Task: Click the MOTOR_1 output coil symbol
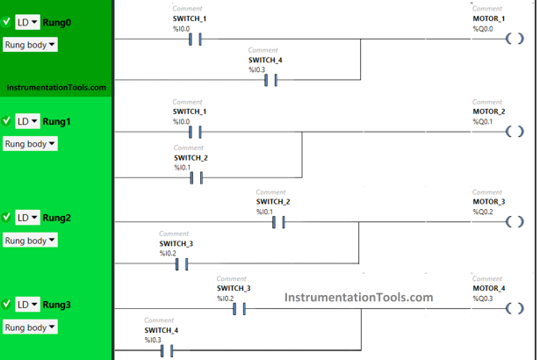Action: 515,39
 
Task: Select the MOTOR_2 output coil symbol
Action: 515,132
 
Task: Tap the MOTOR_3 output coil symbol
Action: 515,222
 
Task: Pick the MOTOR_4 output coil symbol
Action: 515,309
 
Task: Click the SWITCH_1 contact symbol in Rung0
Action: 196,39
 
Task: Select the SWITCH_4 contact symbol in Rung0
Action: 271,81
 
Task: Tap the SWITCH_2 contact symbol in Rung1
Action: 196,178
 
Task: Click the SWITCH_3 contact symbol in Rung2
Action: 182,264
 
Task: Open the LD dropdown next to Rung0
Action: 28,22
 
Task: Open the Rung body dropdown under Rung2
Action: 30,241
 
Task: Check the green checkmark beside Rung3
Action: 7,304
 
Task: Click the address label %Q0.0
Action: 483,29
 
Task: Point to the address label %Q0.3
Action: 483,299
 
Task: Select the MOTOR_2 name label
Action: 488,112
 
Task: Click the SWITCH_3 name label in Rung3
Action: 234,288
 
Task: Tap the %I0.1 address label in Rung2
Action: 264,212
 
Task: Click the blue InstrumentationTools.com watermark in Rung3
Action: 358,297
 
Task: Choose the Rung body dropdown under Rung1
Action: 30,144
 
